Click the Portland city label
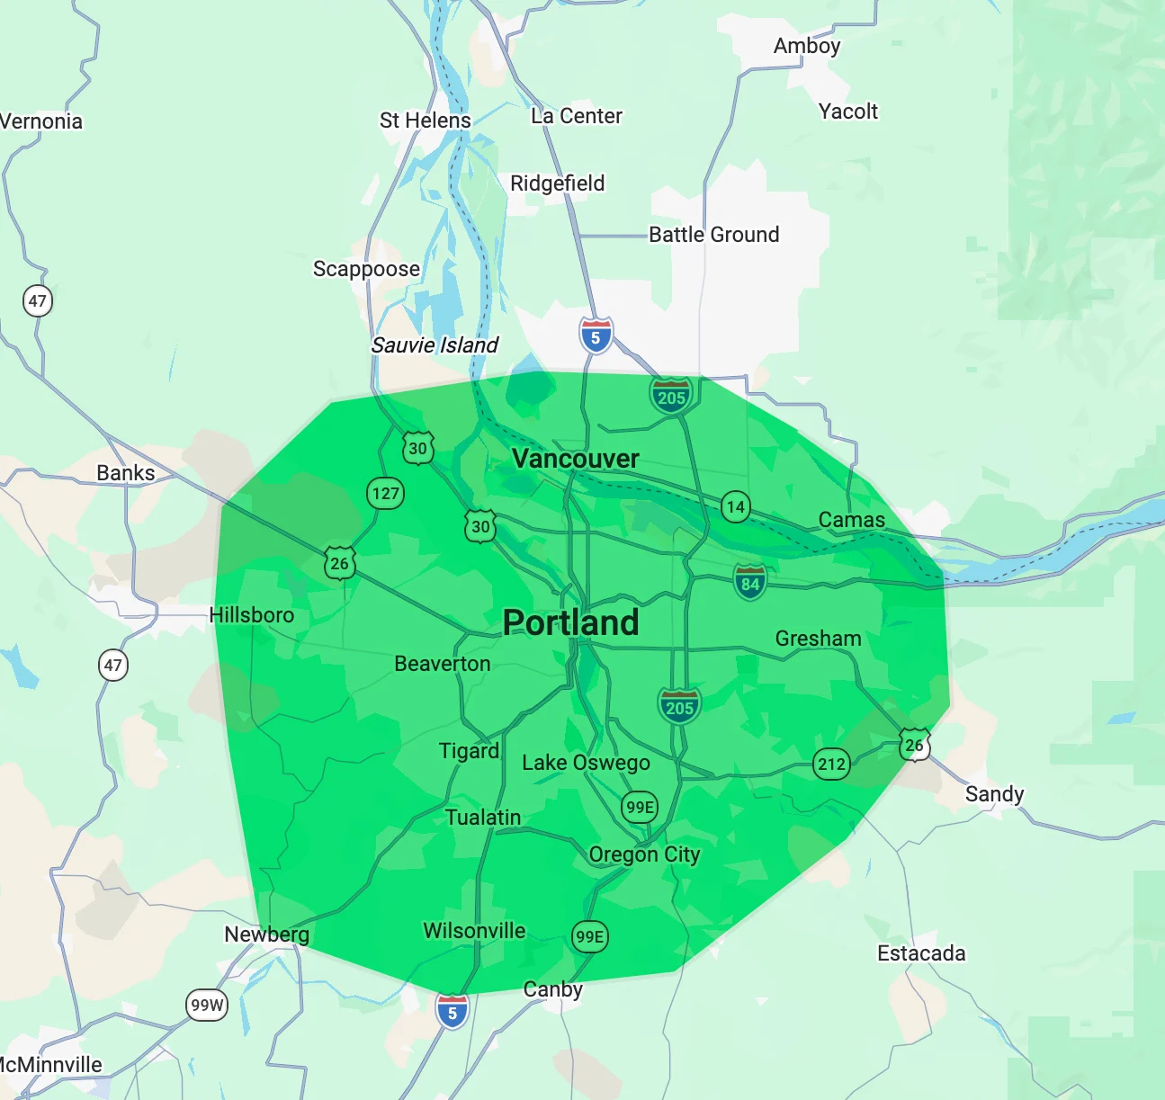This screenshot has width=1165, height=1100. tap(570, 622)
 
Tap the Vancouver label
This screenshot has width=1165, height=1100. tap(575, 459)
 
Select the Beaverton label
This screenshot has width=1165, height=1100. tap(443, 664)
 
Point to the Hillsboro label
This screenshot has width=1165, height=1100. tap(252, 615)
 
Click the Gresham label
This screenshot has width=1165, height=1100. tap(819, 639)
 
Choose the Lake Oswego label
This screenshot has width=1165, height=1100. tap(586, 763)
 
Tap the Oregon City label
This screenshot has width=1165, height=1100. tap(644, 854)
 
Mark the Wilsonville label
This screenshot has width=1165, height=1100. tap(474, 931)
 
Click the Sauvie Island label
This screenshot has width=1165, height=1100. tap(435, 345)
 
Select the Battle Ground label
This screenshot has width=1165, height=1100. tap(714, 235)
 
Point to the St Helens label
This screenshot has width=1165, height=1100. tap(426, 121)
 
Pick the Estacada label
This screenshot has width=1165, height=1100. tap(921, 953)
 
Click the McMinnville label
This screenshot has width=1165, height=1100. tap(51, 1065)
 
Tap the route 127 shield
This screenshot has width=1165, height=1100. tap(385, 493)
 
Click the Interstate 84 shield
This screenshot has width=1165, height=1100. tap(750, 583)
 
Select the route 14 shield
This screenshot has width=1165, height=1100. tap(736, 507)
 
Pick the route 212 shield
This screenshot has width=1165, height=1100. tap(831, 765)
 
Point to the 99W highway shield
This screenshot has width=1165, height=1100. tap(207, 1005)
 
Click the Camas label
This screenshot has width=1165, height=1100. tap(852, 520)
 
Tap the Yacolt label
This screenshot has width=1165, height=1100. tap(848, 112)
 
